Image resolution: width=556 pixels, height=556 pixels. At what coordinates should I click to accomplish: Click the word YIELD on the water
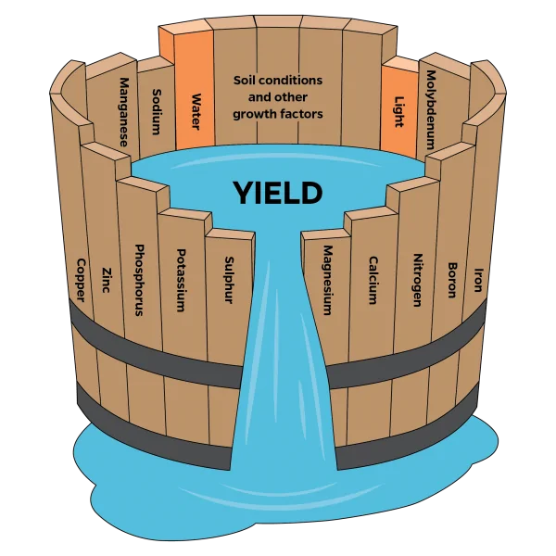click(x=278, y=193)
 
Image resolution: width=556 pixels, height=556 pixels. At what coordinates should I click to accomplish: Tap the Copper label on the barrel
click(x=82, y=280)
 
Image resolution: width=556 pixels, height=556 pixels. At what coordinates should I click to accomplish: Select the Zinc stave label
click(x=106, y=280)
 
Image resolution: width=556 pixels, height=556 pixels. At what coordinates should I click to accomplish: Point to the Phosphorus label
click(x=139, y=280)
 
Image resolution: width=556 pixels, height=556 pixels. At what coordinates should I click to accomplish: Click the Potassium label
click(x=182, y=280)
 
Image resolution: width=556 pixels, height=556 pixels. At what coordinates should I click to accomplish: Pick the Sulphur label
click(x=229, y=280)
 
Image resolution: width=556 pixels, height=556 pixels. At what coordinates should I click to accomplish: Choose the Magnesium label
click(x=328, y=280)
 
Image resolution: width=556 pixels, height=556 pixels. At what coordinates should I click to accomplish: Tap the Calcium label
click(x=373, y=280)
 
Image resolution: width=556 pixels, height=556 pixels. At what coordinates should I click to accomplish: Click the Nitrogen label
click(x=418, y=280)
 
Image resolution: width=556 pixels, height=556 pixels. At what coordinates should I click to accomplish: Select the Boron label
click(x=452, y=280)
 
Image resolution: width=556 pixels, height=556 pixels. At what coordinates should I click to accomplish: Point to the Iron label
click(x=479, y=280)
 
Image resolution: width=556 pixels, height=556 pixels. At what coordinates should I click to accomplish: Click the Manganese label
click(x=124, y=112)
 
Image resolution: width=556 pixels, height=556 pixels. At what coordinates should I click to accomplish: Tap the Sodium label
click(x=157, y=112)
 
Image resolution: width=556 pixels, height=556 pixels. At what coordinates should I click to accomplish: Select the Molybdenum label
click(x=431, y=109)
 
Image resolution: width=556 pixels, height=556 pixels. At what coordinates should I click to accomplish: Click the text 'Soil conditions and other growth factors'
click(x=278, y=97)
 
